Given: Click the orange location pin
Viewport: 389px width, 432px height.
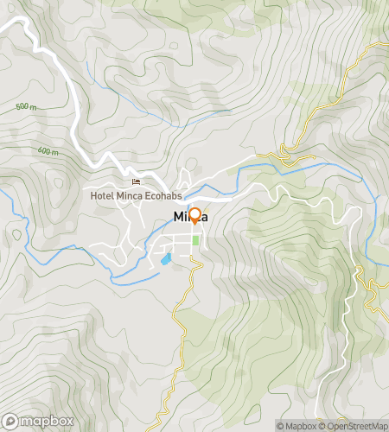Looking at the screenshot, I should [x=194, y=216].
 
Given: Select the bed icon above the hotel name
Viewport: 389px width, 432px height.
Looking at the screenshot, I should [x=136, y=181].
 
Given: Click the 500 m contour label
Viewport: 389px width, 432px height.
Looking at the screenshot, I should [x=27, y=107].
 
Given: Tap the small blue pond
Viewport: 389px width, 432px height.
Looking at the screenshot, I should [x=165, y=258].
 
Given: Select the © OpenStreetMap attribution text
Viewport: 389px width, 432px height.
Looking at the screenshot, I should [x=354, y=425].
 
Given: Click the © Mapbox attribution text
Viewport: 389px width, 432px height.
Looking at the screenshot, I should [x=297, y=425].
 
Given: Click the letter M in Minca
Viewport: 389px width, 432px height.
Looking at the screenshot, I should [x=179, y=216].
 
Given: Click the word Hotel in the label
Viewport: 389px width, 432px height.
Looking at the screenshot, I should [x=102, y=195].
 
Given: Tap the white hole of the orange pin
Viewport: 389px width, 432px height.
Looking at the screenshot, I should [x=194, y=213].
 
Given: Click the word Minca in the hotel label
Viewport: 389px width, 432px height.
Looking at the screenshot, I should [x=125, y=195].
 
